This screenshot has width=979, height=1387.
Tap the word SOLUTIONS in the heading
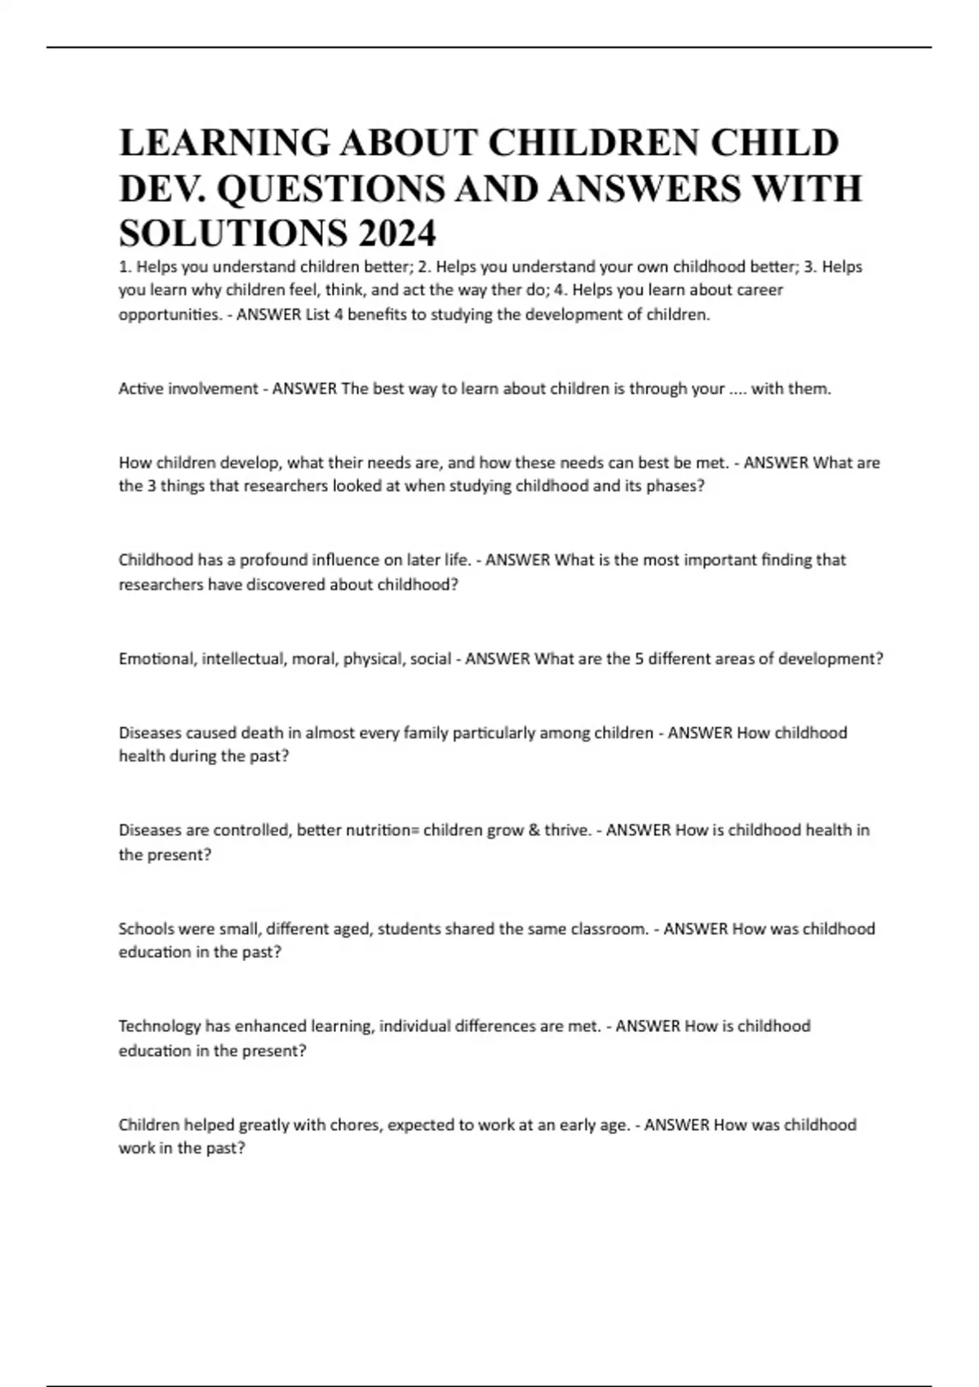click(233, 235)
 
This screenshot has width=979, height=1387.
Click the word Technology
click(159, 1026)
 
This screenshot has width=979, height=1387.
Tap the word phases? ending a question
click(676, 486)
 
